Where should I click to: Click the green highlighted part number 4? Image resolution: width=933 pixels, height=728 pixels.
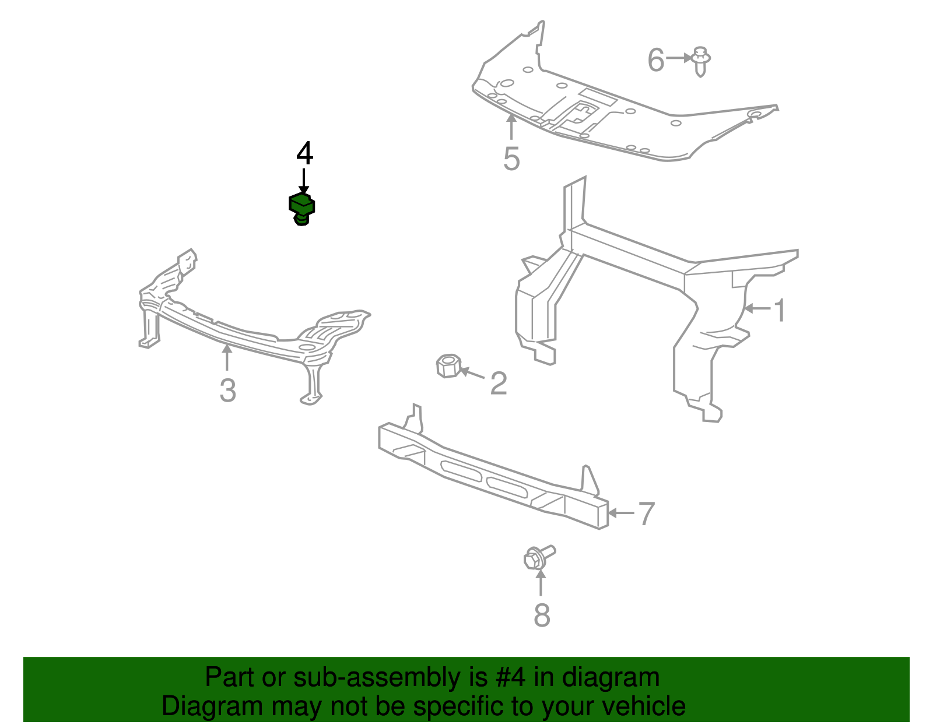301,209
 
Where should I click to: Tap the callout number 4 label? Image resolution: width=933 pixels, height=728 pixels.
304,153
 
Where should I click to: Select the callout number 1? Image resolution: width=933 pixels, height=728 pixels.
780,310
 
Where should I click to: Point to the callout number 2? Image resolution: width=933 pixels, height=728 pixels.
499,383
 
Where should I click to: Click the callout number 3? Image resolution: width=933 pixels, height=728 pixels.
227,391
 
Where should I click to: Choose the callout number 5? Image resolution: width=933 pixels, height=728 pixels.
511,159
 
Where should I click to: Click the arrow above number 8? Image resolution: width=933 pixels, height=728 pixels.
541,582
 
